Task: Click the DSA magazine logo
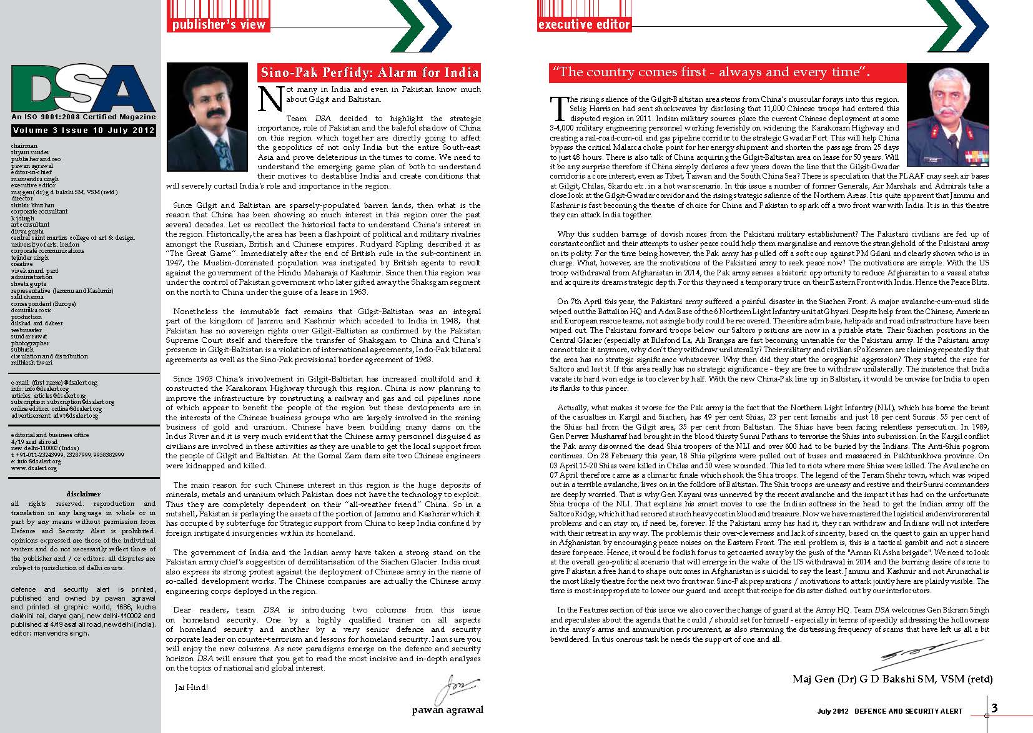83,88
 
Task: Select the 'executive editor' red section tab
584,25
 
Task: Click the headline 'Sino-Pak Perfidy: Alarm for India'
370,72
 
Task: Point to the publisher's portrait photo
209,118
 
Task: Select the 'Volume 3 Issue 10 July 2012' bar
83,130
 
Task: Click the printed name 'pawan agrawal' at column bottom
447,710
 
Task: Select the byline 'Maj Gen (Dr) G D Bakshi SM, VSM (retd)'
892,679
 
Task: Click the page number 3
994,707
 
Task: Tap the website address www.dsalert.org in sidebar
34,468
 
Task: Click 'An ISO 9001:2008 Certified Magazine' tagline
83,117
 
